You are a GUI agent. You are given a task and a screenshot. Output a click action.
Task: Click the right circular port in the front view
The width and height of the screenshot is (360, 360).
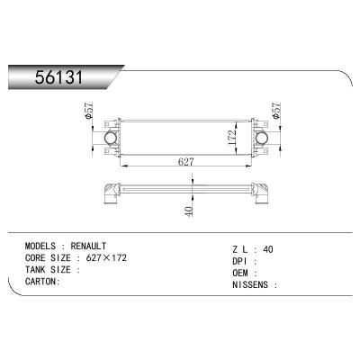pyautogui.click(x=262, y=139)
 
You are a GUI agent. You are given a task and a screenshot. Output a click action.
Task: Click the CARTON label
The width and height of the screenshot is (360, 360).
pyautogui.click(x=42, y=281)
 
